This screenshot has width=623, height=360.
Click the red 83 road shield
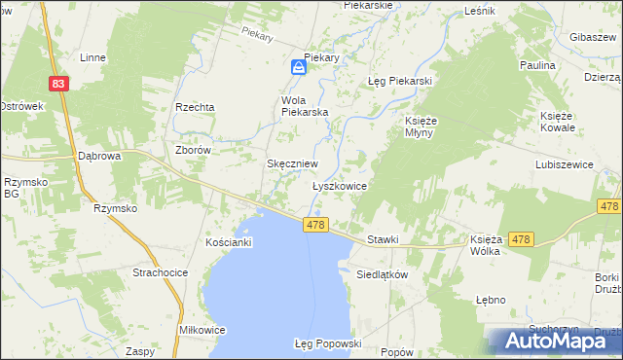(60, 85)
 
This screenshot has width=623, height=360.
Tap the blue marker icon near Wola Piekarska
(299, 67)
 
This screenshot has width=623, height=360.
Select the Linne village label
(92, 57)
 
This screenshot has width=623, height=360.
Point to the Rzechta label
(194, 107)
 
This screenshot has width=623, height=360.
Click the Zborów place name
(193, 151)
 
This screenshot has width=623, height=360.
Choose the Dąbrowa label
(98, 156)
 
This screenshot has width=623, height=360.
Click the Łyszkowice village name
(339, 185)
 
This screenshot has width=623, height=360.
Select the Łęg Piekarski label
(399, 81)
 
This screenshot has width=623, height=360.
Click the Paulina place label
(537, 65)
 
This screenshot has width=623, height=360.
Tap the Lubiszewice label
(564, 165)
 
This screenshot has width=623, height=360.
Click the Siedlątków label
(381, 274)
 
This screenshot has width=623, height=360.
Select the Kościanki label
(229, 241)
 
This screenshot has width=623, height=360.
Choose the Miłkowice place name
(202, 330)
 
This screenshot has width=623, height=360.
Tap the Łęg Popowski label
(328, 343)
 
